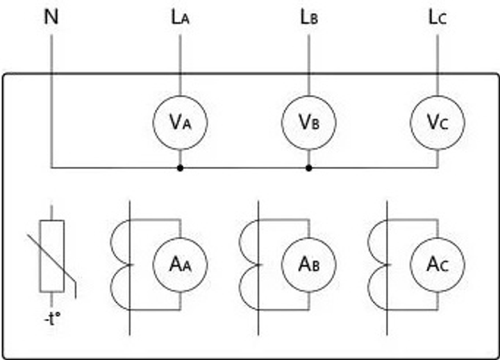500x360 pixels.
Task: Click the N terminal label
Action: click(x=51, y=16)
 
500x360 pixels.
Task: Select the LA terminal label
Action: click(x=181, y=17)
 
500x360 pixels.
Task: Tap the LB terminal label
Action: click(x=309, y=17)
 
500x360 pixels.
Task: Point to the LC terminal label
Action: click(x=437, y=17)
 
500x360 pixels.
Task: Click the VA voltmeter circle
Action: click(x=181, y=122)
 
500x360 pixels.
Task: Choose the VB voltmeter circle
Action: click(x=309, y=122)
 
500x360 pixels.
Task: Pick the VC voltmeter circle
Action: click(x=437, y=122)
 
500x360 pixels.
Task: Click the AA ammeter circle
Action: click(x=181, y=264)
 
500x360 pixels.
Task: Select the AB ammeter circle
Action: click(x=309, y=264)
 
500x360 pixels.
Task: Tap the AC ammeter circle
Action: click(x=437, y=264)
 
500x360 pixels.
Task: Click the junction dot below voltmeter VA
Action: click(x=181, y=167)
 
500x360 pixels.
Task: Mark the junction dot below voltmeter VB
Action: click(x=309, y=167)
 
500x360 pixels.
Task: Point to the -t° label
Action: click(x=52, y=321)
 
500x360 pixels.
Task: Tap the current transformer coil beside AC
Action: click(x=378, y=264)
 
